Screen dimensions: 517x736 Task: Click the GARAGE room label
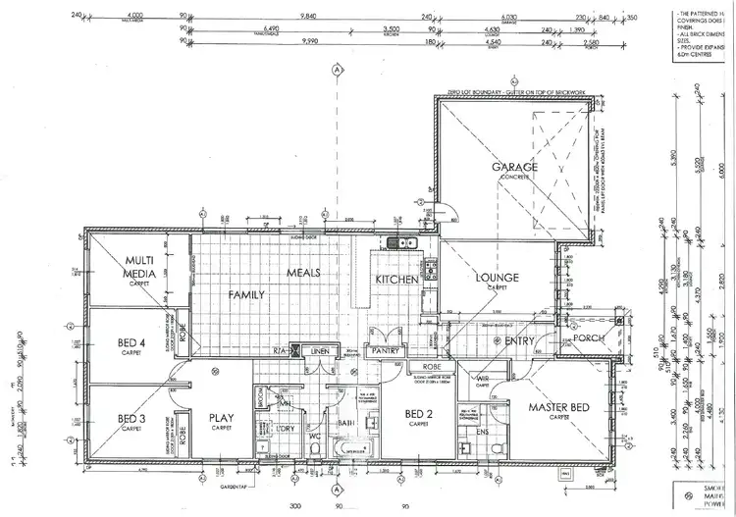(x=514, y=167)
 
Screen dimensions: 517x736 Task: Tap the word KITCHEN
(x=397, y=280)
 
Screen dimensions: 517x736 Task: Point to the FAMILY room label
(x=246, y=293)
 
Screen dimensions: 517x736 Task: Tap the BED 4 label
(x=132, y=342)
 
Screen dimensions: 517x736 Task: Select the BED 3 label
(x=132, y=419)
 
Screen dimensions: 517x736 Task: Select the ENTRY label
(x=519, y=341)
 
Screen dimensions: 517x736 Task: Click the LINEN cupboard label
(x=317, y=349)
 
